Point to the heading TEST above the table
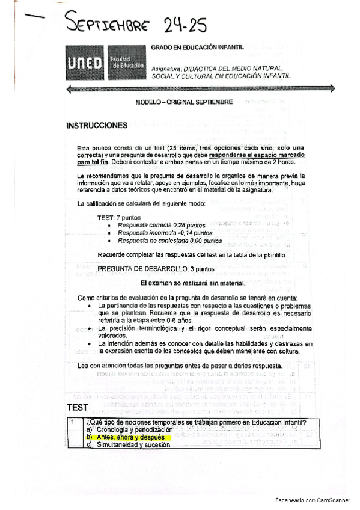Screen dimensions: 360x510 coord(78,407)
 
